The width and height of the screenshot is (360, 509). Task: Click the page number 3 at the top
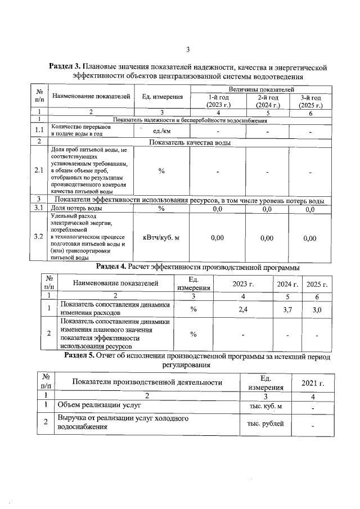pos(188,48)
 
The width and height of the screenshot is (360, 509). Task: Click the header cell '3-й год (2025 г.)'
pos(310,101)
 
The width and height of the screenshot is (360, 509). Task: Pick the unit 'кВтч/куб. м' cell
pos(161,238)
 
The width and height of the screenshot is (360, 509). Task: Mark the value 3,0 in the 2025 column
pos(316,309)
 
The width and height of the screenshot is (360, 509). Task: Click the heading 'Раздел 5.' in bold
pos(80,355)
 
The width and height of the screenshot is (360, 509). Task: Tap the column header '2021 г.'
pos(312,383)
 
